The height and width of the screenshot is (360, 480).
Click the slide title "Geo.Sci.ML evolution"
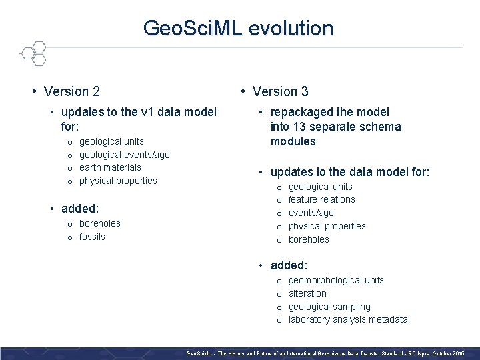point(238,28)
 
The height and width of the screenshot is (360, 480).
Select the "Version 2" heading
point(71,91)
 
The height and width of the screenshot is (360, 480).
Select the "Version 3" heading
point(280,91)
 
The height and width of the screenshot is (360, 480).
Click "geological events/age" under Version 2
point(124,155)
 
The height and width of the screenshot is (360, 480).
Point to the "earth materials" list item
point(110,167)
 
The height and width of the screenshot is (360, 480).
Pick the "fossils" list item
point(92,237)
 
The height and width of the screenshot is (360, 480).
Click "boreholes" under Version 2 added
point(99,223)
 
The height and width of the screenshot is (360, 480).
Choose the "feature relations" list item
point(321,199)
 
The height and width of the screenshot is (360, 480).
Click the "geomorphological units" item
point(335,280)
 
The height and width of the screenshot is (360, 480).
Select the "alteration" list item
point(307,293)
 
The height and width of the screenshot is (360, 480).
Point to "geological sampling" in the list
point(329,307)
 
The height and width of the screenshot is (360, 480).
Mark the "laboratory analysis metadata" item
point(347,319)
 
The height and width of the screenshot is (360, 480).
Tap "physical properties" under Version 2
point(118,181)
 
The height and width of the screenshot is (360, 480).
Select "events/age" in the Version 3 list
point(311,213)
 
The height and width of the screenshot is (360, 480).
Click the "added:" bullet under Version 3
point(289,265)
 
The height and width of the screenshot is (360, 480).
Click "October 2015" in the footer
point(451,352)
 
